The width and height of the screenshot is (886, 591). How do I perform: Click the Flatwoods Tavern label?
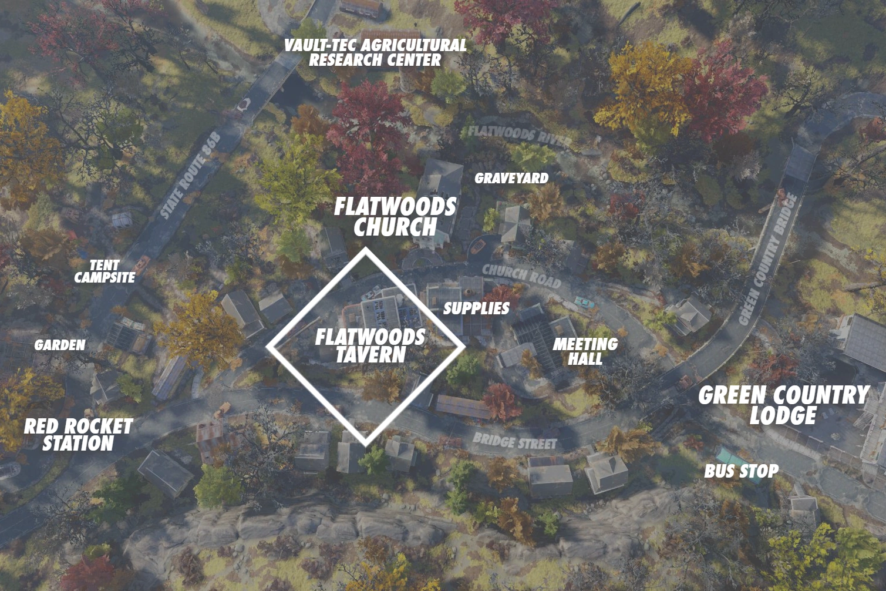coord(370,346)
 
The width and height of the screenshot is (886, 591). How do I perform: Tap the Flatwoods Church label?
coord(395,217)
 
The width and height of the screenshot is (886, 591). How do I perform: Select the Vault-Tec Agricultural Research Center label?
coord(375,53)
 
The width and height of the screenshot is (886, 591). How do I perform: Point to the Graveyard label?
coord(511,178)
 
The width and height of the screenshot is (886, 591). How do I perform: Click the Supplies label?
coord(476,308)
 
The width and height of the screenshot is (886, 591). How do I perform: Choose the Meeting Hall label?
coord(585,351)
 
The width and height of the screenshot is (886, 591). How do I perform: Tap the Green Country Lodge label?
coord(783,405)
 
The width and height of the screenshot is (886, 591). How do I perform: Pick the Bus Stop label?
coord(742,471)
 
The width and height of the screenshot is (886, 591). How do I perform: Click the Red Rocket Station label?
coord(78,435)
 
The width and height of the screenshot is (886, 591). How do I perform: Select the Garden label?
coord(60,345)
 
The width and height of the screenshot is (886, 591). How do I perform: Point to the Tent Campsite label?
coord(105,271)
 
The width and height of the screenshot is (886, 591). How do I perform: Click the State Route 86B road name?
coord(190,175)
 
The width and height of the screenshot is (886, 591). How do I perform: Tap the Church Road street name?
coord(521,276)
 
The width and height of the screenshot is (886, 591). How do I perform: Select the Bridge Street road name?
coord(514,441)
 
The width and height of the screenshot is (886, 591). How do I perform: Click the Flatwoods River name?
coord(519,135)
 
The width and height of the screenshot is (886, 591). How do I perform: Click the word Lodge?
coord(783,415)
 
